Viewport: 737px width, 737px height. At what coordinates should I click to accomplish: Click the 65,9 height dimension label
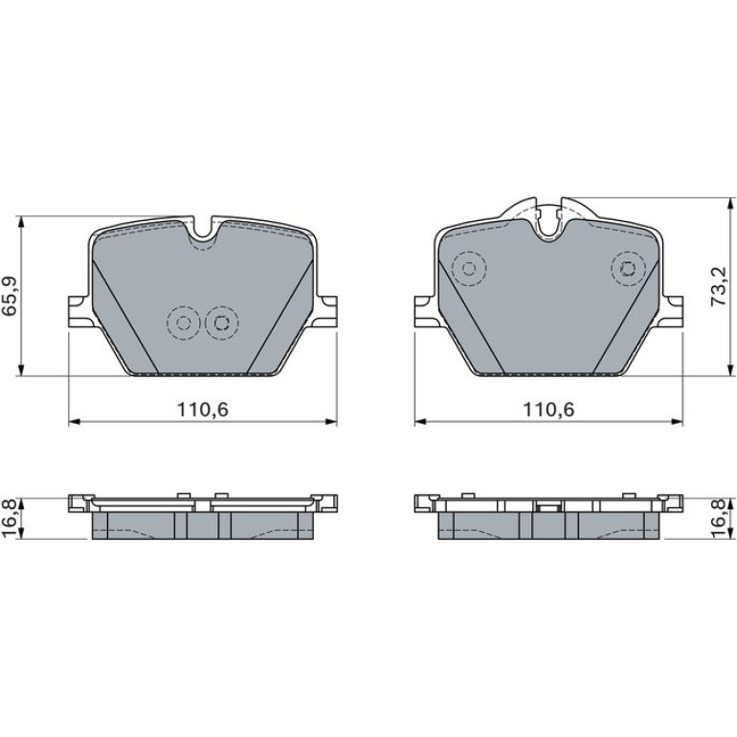11,296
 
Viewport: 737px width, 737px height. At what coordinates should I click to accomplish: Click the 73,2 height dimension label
718,287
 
